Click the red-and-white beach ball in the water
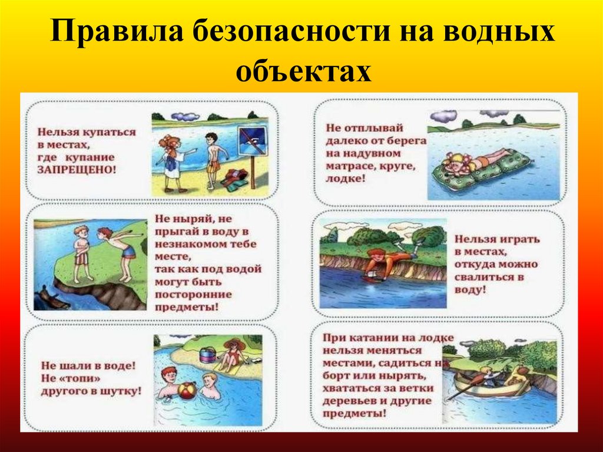(x=187, y=392)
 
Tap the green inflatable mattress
(x=481, y=168)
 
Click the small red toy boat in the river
(x=374, y=279)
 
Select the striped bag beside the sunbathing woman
(x=207, y=355)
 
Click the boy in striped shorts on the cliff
(x=81, y=253)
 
